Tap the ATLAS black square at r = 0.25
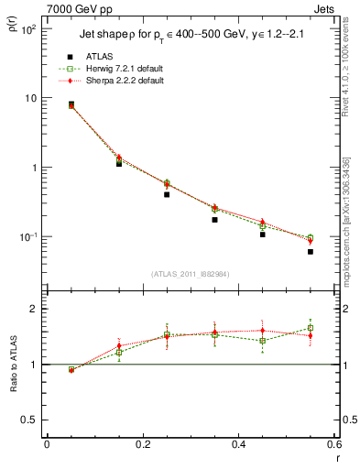[x=167, y=194]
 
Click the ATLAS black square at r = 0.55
[x=311, y=251]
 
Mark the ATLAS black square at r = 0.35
[x=214, y=220]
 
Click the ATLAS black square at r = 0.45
[x=263, y=234]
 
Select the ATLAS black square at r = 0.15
[x=119, y=164]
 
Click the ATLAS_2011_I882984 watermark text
[x=191, y=274]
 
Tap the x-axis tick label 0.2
[x=142, y=443]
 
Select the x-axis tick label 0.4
[x=238, y=443]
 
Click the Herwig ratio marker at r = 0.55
[x=311, y=328]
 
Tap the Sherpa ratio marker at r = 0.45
[x=263, y=331]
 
